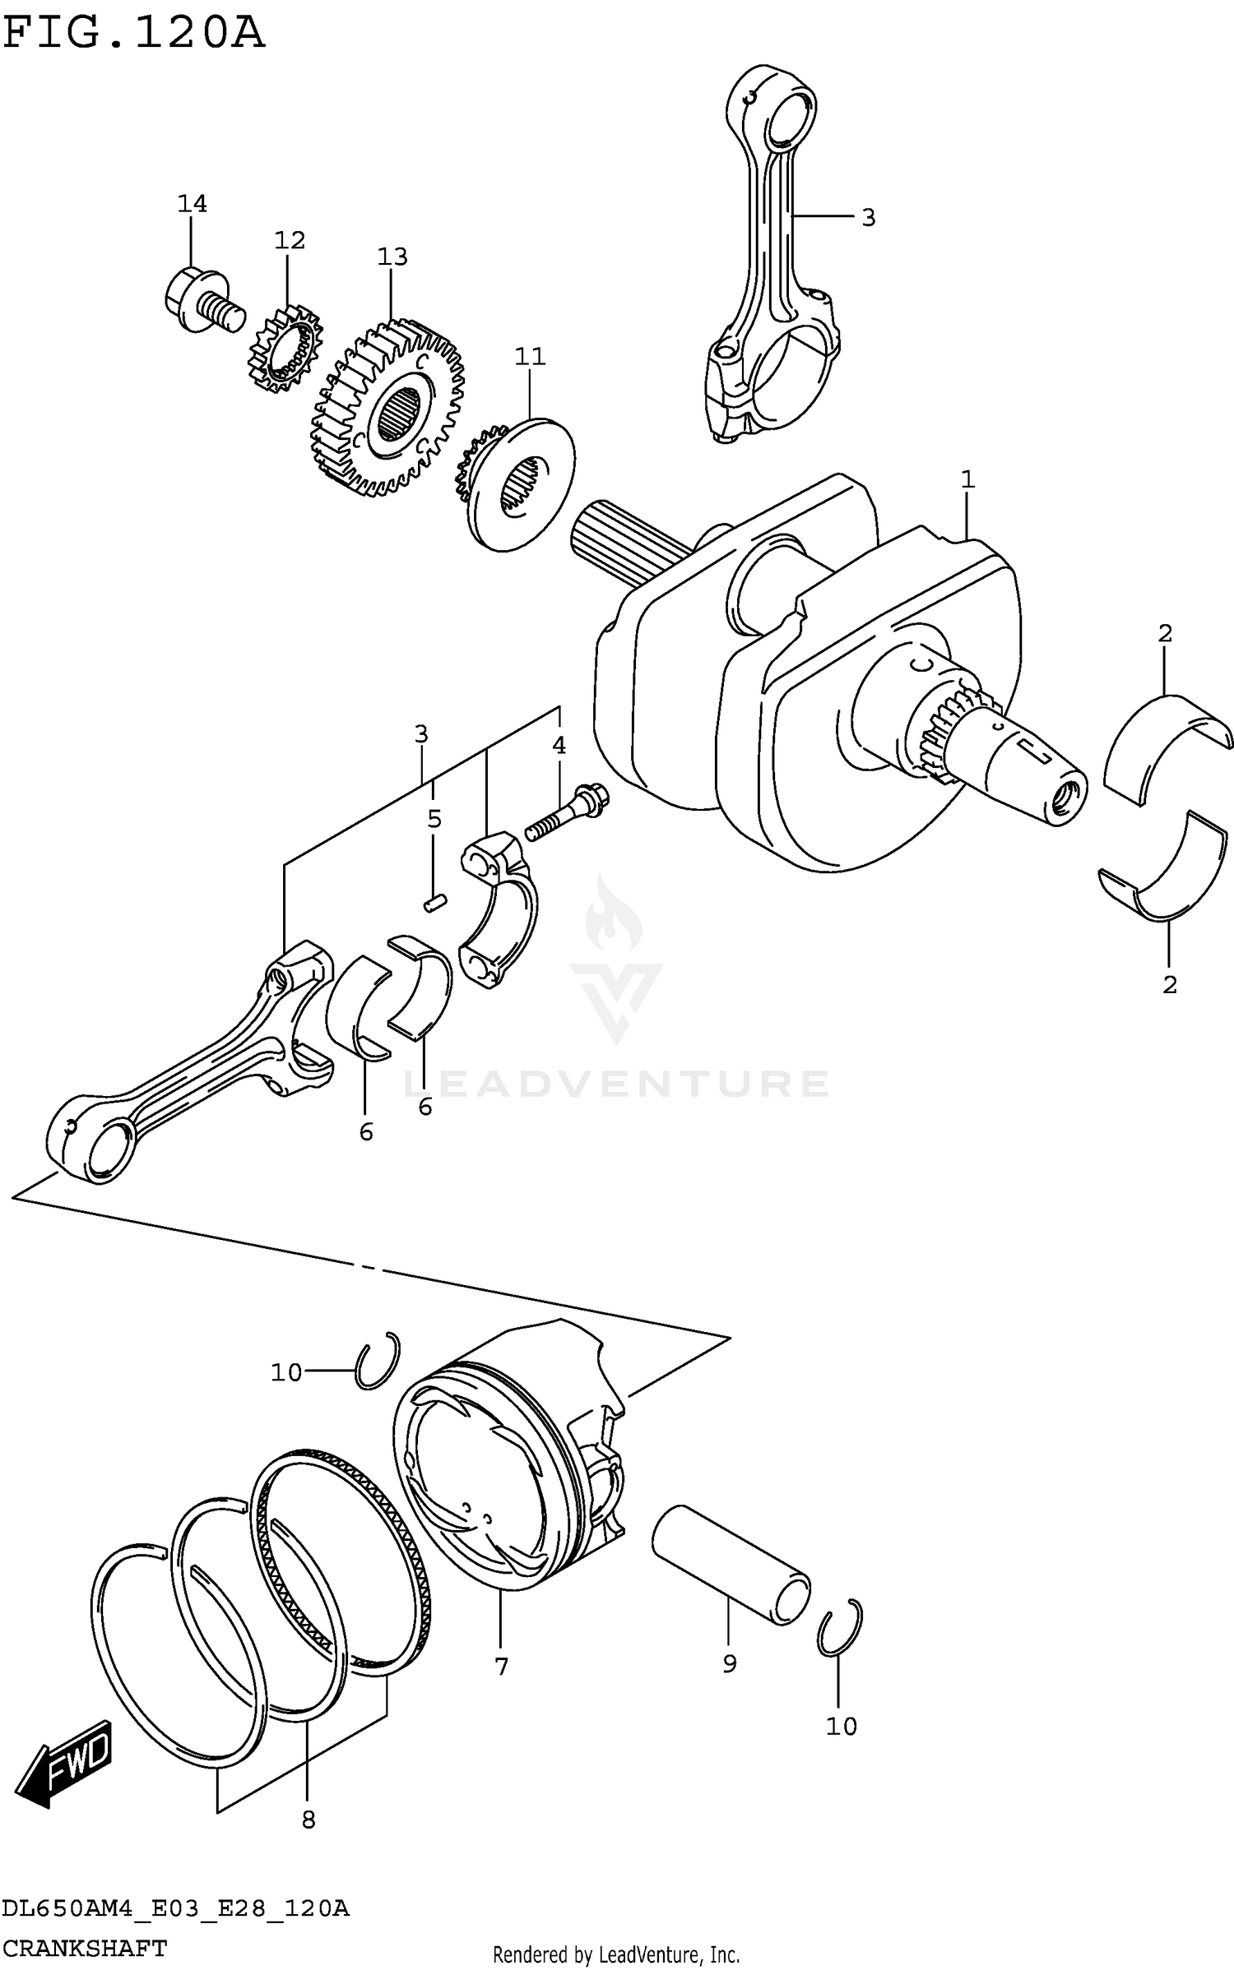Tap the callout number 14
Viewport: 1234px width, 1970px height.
pos(192,203)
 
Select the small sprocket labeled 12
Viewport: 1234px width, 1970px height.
pos(284,351)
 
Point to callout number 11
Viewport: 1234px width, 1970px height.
pos(530,356)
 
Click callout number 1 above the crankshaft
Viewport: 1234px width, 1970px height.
pos(967,479)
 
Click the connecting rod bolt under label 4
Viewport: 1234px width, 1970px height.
pos(568,812)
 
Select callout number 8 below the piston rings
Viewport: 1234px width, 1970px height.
pos(308,1820)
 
